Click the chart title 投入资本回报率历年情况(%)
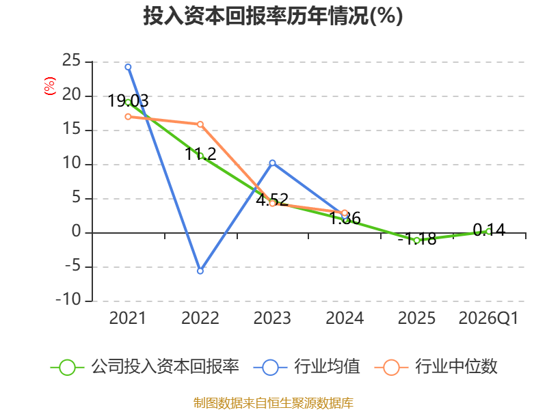[x=273, y=16]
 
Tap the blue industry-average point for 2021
[x=128, y=67]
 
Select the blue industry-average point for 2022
[x=200, y=271]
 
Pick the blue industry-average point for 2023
[x=272, y=163]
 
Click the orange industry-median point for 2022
[x=200, y=124]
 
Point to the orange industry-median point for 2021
[x=128, y=116]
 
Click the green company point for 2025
[x=416, y=241]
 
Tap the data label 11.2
[x=200, y=154]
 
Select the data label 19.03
[x=128, y=100]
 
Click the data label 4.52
[x=272, y=200]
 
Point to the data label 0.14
[x=489, y=230]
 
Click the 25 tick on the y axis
[x=72, y=61]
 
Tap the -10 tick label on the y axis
[x=68, y=300]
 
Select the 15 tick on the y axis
[x=72, y=129]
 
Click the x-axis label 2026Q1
[x=488, y=318]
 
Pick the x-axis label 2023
[x=272, y=318]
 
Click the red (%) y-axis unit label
[x=49, y=86]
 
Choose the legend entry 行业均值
[x=306, y=367]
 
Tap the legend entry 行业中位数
[x=436, y=367]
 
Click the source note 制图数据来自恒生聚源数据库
[x=273, y=403]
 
